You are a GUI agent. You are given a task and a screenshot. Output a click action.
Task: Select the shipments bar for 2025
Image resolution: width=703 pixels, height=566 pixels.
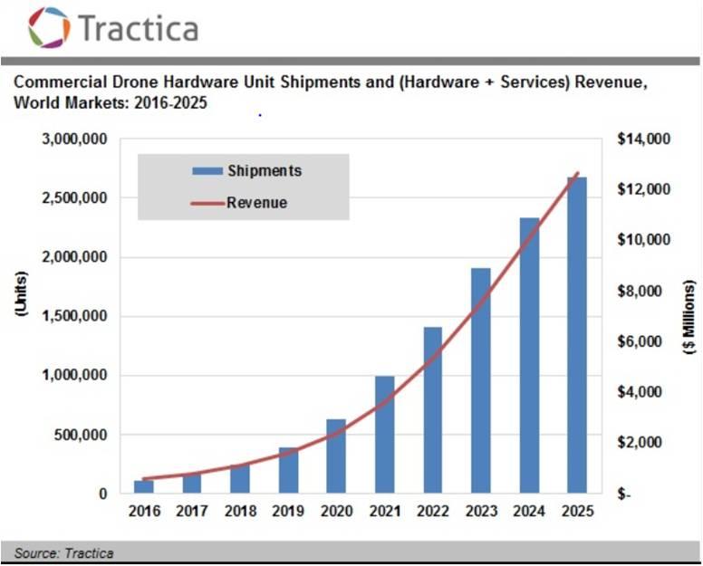pos(577,335)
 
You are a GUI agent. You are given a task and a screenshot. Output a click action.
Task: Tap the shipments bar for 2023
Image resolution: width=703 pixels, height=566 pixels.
pos(481,380)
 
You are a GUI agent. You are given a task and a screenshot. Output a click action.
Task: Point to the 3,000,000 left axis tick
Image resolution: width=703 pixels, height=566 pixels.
pos(75,139)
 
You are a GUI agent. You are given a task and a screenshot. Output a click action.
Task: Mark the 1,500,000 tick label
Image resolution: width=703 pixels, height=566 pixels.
pos(75,317)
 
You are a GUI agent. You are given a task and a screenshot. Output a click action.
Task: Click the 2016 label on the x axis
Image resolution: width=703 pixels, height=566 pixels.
pos(144,512)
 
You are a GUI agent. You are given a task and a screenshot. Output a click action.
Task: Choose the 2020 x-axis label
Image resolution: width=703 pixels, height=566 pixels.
pos(336,512)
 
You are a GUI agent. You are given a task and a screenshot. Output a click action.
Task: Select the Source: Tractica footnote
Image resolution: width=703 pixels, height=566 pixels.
pos(63,552)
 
